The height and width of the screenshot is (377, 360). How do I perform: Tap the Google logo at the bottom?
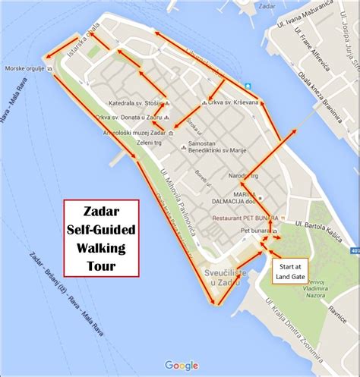click(181, 365)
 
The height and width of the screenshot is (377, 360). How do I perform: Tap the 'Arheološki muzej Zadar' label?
click(132, 133)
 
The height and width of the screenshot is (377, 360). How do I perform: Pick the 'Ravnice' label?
click(337, 309)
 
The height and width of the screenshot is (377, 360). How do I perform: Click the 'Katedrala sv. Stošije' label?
click(137, 103)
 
